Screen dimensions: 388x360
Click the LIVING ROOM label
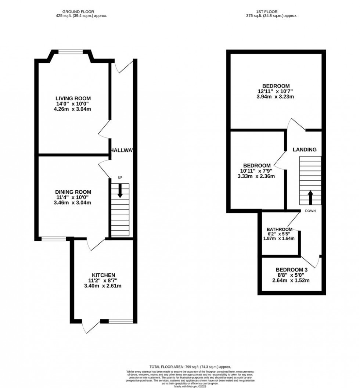point(73,98)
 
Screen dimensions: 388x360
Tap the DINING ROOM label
point(73,192)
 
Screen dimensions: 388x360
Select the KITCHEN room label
point(104,275)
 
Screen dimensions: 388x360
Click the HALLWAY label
point(123,150)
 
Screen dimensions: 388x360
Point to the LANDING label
point(304,150)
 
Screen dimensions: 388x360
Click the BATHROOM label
point(279,229)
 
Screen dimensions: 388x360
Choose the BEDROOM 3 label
point(291,269)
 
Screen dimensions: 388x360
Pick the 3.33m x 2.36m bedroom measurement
point(256,176)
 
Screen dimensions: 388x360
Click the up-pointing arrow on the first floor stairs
point(310,197)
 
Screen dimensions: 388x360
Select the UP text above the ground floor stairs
point(120,178)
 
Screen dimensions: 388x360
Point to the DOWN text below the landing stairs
point(310,211)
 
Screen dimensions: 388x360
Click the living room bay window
point(71,52)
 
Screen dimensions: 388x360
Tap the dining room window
point(54,239)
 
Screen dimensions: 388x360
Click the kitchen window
point(121,321)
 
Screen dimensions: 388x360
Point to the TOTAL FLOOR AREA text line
point(190,367)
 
